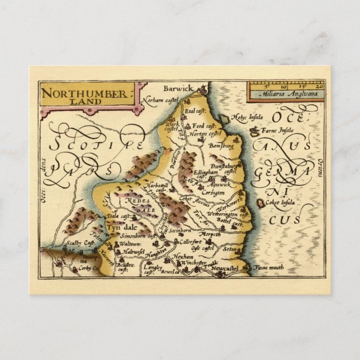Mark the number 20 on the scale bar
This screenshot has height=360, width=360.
tap(319, 87)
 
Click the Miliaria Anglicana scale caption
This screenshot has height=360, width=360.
tap(286, 94)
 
